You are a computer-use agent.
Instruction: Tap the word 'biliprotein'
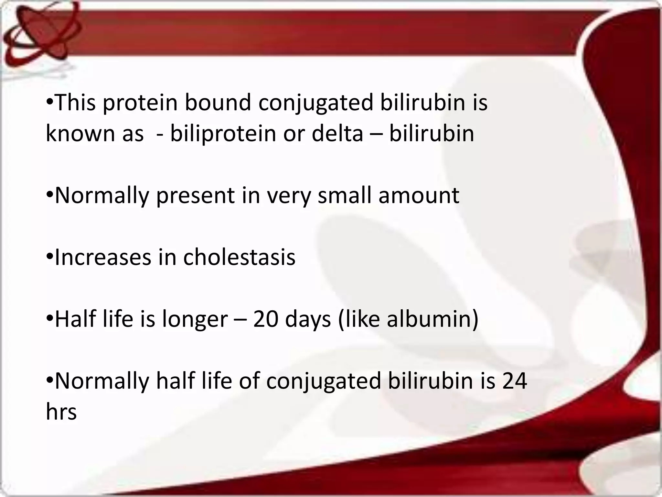point(223,134)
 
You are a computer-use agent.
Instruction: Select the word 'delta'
point(337,134)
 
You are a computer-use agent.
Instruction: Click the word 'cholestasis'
point(239,258)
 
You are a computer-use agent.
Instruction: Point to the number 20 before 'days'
point(265,319)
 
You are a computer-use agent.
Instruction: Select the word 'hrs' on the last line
point(61,412)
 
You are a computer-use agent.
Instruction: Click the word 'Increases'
point(103,258)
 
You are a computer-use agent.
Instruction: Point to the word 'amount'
point(419,195)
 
